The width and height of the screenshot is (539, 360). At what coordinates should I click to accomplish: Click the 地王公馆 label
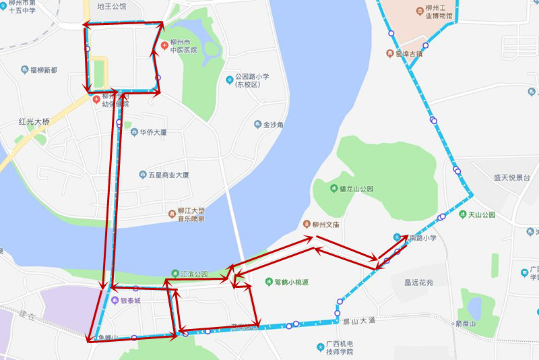(x=111, y=7)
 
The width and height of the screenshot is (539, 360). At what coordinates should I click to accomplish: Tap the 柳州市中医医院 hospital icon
(x=164, y=45)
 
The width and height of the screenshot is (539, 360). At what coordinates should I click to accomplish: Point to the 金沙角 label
(x=274, y=125)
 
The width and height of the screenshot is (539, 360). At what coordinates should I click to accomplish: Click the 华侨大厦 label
(x=153, y=132)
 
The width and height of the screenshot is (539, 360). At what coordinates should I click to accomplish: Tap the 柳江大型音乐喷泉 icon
(x=172, y=214)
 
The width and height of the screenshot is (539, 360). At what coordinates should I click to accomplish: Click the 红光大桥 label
(x=34, y=122)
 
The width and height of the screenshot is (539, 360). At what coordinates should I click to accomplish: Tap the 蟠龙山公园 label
(x=356, y=189)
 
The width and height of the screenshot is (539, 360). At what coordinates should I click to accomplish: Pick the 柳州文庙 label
(x=328, y=224)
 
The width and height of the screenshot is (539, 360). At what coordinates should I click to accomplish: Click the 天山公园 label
(x=482, y=215)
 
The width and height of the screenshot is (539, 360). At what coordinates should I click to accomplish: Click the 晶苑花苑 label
(x=418, y=283)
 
